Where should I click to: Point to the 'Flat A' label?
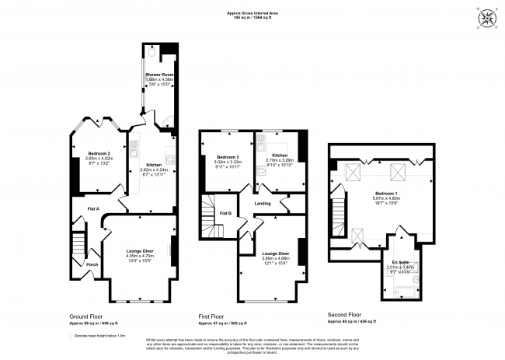pyautogui.click(x=92, y=208)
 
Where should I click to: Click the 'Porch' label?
pyautogui.click(x=92, y=264)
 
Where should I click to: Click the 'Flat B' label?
pyautogui.click(x=225, y=212)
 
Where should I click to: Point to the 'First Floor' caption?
pyautogui.click(x=227, y=316)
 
